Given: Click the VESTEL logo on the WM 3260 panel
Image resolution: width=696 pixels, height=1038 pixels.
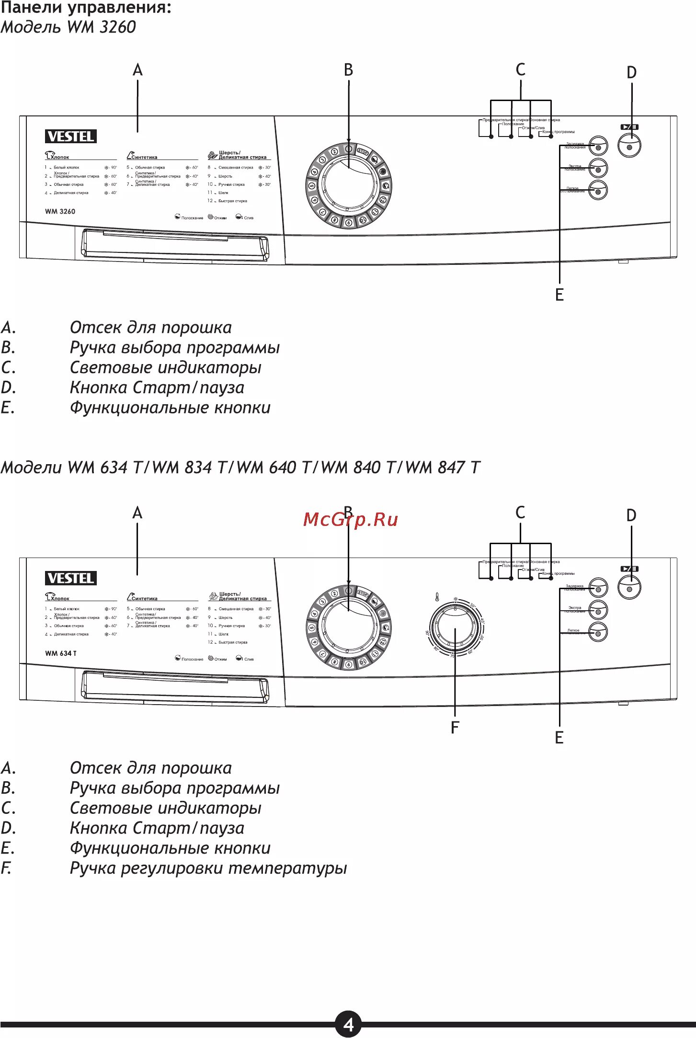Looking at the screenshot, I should [x=71, y=137].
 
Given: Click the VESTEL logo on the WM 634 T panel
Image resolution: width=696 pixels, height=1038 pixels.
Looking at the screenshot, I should [x=71, y=578].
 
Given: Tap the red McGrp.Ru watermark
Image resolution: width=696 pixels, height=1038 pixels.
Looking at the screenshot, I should [x=351, y=519].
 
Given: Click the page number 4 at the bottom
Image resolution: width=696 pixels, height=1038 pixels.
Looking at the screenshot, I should [x=348, y=1024].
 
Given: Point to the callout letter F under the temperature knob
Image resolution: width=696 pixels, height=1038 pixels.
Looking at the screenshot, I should [x=455, y=728].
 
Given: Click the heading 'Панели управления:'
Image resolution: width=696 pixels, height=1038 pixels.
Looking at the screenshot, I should [x=86, y=8].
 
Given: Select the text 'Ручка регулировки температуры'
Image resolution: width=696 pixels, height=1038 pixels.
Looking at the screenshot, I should [x=208, y=868].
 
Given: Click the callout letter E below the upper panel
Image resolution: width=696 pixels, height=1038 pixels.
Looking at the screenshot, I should [x=559, y=295].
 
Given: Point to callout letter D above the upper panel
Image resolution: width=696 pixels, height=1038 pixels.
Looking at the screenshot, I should [x=631, y=73].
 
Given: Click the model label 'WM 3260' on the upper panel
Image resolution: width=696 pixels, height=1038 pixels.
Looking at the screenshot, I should [x=60, y=211].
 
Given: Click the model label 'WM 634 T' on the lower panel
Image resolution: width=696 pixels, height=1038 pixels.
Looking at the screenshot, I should [x=61, y=653].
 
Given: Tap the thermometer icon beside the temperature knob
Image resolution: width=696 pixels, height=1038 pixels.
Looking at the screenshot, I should [x=437, y=597].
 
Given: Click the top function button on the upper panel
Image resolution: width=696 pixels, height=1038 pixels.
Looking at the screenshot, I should [x=598, y=146].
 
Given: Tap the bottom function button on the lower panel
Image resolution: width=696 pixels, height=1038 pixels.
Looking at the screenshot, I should [x=598, y=632].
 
